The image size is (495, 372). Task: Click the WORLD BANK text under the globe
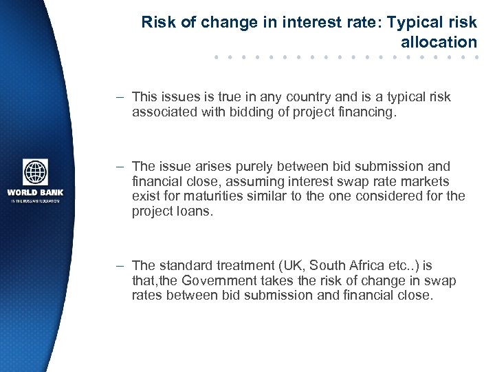click(35, 192)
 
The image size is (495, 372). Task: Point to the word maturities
click(187, 196)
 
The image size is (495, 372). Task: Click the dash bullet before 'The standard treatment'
click(120, 265)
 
